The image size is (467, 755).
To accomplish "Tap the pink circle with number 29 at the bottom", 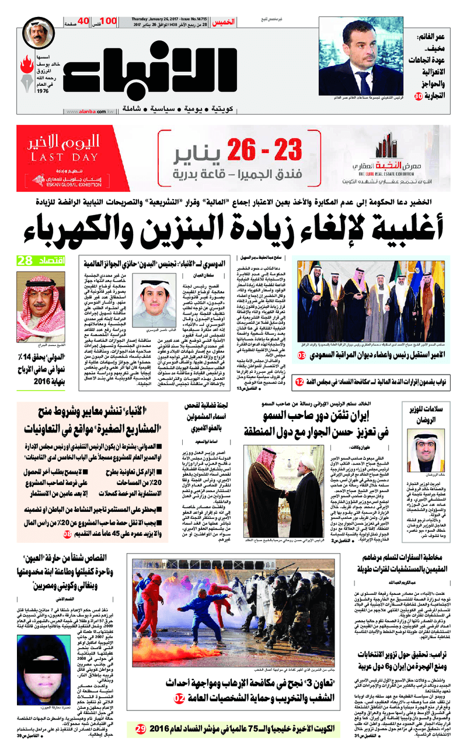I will pyautogui.click(x=140, y=729).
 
